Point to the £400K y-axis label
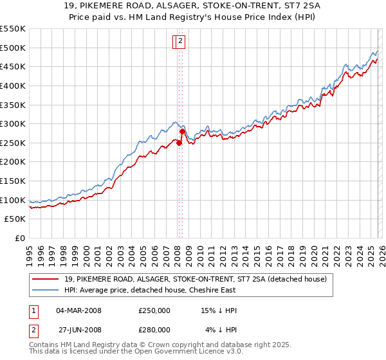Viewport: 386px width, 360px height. pos(13,85)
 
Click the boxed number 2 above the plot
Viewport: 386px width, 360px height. pos(180,42)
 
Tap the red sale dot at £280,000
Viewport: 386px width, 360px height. pos(182,132)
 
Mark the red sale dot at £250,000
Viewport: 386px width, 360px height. pos(179,143)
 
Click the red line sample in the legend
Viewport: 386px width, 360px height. pos(47,279)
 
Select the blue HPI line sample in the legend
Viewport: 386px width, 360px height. pos(47,290)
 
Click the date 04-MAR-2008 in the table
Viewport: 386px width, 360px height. pos(79,310)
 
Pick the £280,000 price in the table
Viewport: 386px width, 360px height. pos(154,329)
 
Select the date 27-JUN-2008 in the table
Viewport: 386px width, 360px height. pos(79,329)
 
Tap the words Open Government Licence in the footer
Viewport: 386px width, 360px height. pos(187,352)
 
